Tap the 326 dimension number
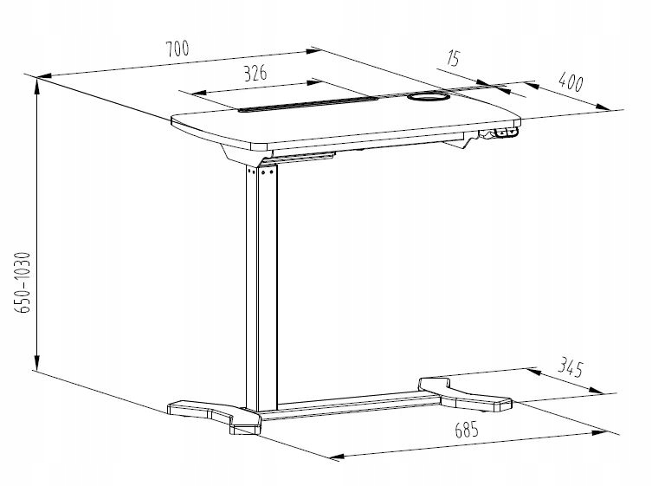click(254, 74)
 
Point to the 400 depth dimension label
click(570, 83)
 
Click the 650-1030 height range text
click(24, 282)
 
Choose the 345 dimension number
click(567, 368)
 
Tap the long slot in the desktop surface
click(308, 104)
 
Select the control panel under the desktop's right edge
click(503, 133)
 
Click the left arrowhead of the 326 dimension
click(200, 91)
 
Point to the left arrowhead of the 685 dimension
click(336, 456)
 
